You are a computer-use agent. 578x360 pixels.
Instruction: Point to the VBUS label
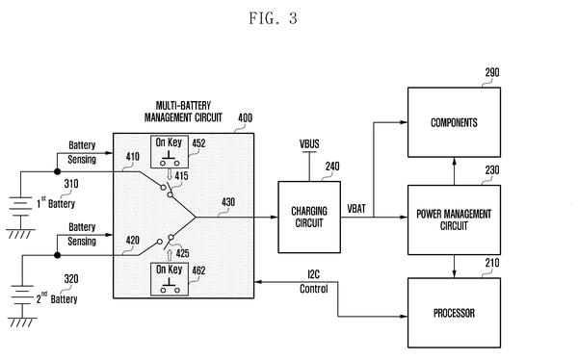[x=309, y=144]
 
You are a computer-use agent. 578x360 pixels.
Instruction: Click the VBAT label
[x=356, y=209]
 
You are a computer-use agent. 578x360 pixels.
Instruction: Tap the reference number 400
[x=245, y=117]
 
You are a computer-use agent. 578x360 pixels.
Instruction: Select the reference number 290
[x=492, y=72]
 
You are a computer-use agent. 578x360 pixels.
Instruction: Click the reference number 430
[x=228, y=202]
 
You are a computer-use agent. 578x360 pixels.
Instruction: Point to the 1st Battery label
[x=56, y=203]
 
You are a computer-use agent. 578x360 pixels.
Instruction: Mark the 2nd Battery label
[x=57, y=298]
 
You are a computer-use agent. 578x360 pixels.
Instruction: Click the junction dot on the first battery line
[x=57, y=171]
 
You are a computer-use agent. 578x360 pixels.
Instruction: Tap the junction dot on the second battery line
[x=57, y=255]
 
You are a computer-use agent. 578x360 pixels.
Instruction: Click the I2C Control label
[x=314, y=281]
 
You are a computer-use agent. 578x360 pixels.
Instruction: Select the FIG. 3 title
[x=274, y=18]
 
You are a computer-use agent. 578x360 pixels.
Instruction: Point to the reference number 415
[x=181, y=176]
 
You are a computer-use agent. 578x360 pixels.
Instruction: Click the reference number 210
[x=492, y=263]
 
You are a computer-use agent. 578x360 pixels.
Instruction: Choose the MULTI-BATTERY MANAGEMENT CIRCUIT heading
[x=183, y=112]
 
